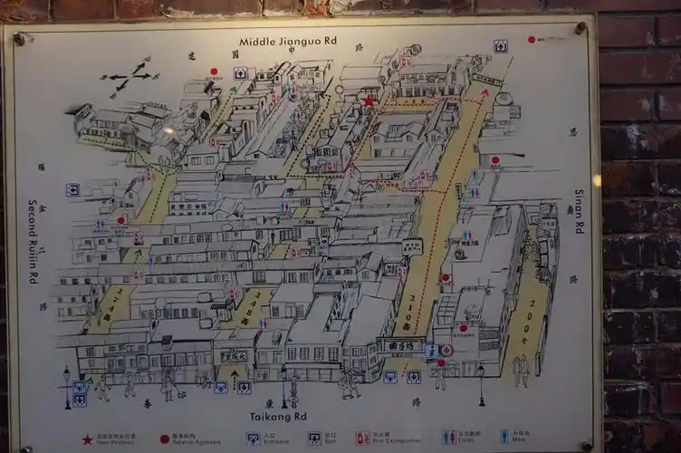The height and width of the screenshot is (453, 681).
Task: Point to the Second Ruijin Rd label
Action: (x=33, y=241)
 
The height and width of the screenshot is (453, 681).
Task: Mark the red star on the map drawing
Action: (x=369, y=101)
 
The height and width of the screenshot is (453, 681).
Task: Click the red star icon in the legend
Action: (x=88, y=439)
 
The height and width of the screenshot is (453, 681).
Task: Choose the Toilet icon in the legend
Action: (x=449, y=437)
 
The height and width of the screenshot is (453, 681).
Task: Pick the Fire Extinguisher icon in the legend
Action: (x=362, y=438)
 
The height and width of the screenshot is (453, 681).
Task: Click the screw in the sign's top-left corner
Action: (x=19, y=39)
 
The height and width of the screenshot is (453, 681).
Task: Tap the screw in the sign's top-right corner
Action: (x=580, y=28)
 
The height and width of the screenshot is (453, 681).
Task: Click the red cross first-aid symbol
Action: (x=446, y=350)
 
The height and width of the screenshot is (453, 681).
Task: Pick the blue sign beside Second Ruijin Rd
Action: (x=72, y=189)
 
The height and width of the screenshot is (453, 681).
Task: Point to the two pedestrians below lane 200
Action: (x=522, y=370)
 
